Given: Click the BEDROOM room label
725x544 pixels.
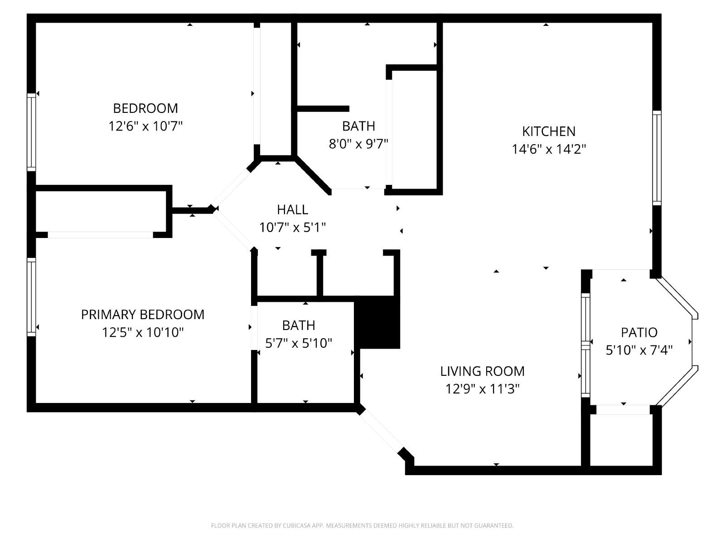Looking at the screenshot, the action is (145, 108).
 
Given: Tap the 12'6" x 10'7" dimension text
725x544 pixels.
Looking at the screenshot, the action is (145, 126).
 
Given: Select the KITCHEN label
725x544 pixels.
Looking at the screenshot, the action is (549, 131).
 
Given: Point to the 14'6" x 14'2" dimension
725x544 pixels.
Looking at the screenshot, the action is (549, 149).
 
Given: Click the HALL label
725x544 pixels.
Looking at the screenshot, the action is (292, 209).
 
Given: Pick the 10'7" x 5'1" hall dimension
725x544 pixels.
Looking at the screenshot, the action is (292, 228).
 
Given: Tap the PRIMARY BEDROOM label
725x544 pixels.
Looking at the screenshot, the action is (143, 315).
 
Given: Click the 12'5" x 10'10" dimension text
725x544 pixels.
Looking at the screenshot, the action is (143, 332).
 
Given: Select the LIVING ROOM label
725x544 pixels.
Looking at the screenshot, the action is (482, 371).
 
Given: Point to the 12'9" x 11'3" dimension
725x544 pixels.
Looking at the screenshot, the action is (482, 389).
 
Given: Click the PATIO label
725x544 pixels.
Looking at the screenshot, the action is (639, 333).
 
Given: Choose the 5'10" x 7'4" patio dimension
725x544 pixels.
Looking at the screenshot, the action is (639, 350).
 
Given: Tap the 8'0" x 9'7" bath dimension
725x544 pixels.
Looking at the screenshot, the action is (358, 144).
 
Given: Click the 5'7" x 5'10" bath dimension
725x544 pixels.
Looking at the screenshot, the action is (299, 343).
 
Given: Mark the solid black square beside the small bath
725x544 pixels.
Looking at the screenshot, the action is (377, 322).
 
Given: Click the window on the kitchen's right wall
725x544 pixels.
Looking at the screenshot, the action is (657, 158).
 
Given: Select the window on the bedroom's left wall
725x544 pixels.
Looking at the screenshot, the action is (31, 132).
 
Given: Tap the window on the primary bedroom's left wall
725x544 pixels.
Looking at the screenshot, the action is (31, 297).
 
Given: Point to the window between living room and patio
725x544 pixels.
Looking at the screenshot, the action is (585, 345).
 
